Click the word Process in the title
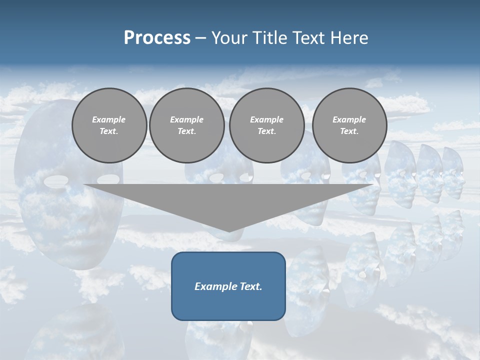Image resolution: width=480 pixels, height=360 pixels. [157, 38]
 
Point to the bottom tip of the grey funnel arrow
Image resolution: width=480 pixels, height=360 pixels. [228, 231]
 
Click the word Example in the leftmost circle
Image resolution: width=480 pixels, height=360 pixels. [108, 119]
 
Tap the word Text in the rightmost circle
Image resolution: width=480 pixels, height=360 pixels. [349, 131]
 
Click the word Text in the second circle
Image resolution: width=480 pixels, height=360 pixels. [186, 131]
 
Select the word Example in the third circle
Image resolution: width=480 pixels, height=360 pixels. [266, 119]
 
